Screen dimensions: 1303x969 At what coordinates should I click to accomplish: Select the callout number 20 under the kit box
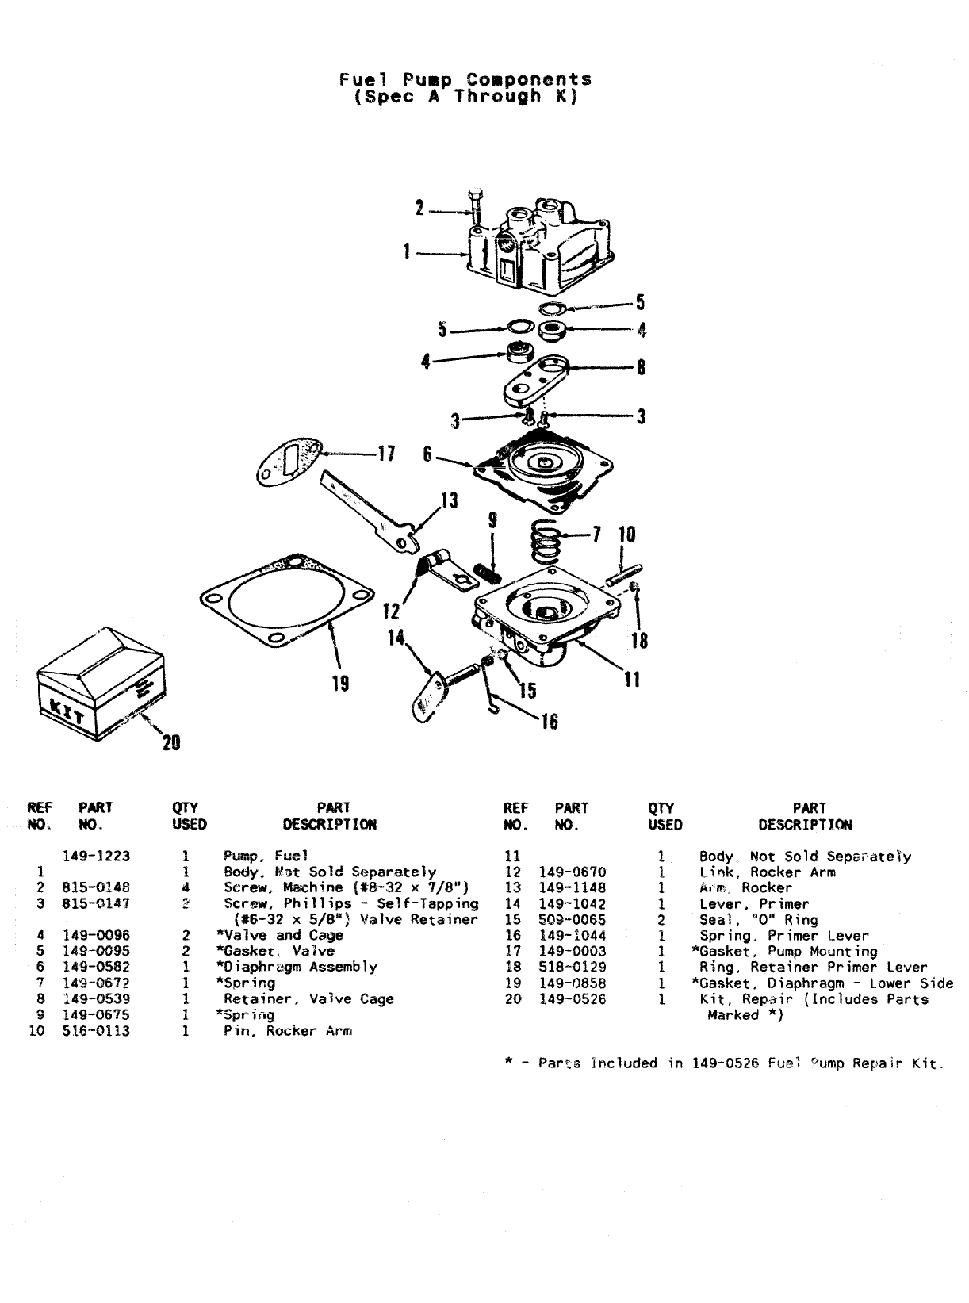(170, 743)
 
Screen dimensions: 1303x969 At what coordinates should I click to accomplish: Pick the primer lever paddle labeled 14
(429, 694)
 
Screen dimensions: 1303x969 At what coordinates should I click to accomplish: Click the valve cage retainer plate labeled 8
(537, 381)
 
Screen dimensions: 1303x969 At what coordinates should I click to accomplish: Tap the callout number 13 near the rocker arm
(449, 500)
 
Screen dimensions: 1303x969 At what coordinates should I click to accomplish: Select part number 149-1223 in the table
(96, 856)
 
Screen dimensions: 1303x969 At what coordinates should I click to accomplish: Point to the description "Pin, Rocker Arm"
(287, 1031)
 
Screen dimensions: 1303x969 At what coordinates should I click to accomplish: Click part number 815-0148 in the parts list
(96, 887)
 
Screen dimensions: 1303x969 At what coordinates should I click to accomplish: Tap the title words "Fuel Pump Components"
(465, 79)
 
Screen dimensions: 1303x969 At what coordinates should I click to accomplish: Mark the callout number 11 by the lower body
(631, 679)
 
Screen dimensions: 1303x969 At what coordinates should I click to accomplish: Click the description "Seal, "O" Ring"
(758, 919)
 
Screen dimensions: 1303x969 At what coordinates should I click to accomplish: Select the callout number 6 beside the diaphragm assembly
(427, 454)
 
